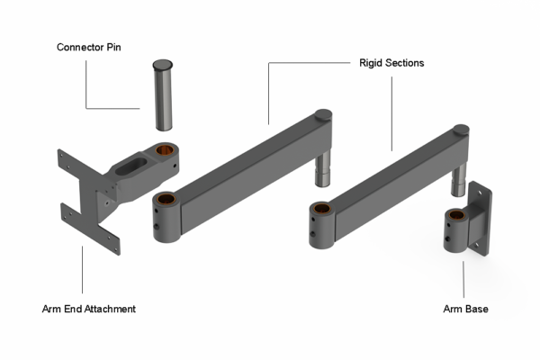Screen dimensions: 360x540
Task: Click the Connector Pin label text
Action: [x=88, y=47]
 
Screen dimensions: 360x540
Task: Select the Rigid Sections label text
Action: [x=386, y=64]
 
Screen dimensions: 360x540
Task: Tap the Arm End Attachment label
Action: [x=89, y=309]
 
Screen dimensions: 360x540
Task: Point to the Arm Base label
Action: [x=464, y=309]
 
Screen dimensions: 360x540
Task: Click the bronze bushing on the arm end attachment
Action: [x=165, y=148]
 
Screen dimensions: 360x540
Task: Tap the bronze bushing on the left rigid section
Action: [x=164, y=199]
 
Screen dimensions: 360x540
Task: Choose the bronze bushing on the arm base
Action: [x=454, y=216]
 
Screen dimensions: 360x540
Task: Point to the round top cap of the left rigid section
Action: [x=322, y=116]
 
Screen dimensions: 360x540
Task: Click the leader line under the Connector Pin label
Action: [x=87, y=85]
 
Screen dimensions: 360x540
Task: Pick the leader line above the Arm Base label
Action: [x=464, y=279]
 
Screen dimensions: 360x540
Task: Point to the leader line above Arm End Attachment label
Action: [x=82, y=270]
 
